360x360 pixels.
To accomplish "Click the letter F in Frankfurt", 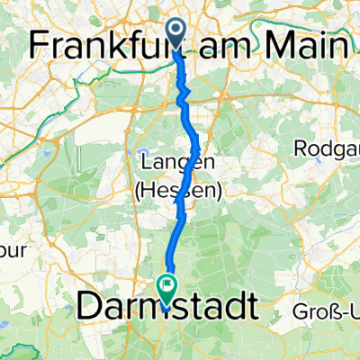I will [40, 45].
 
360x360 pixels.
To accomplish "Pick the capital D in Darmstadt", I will [90, 306].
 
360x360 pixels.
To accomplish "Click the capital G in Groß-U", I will [302, 313].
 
